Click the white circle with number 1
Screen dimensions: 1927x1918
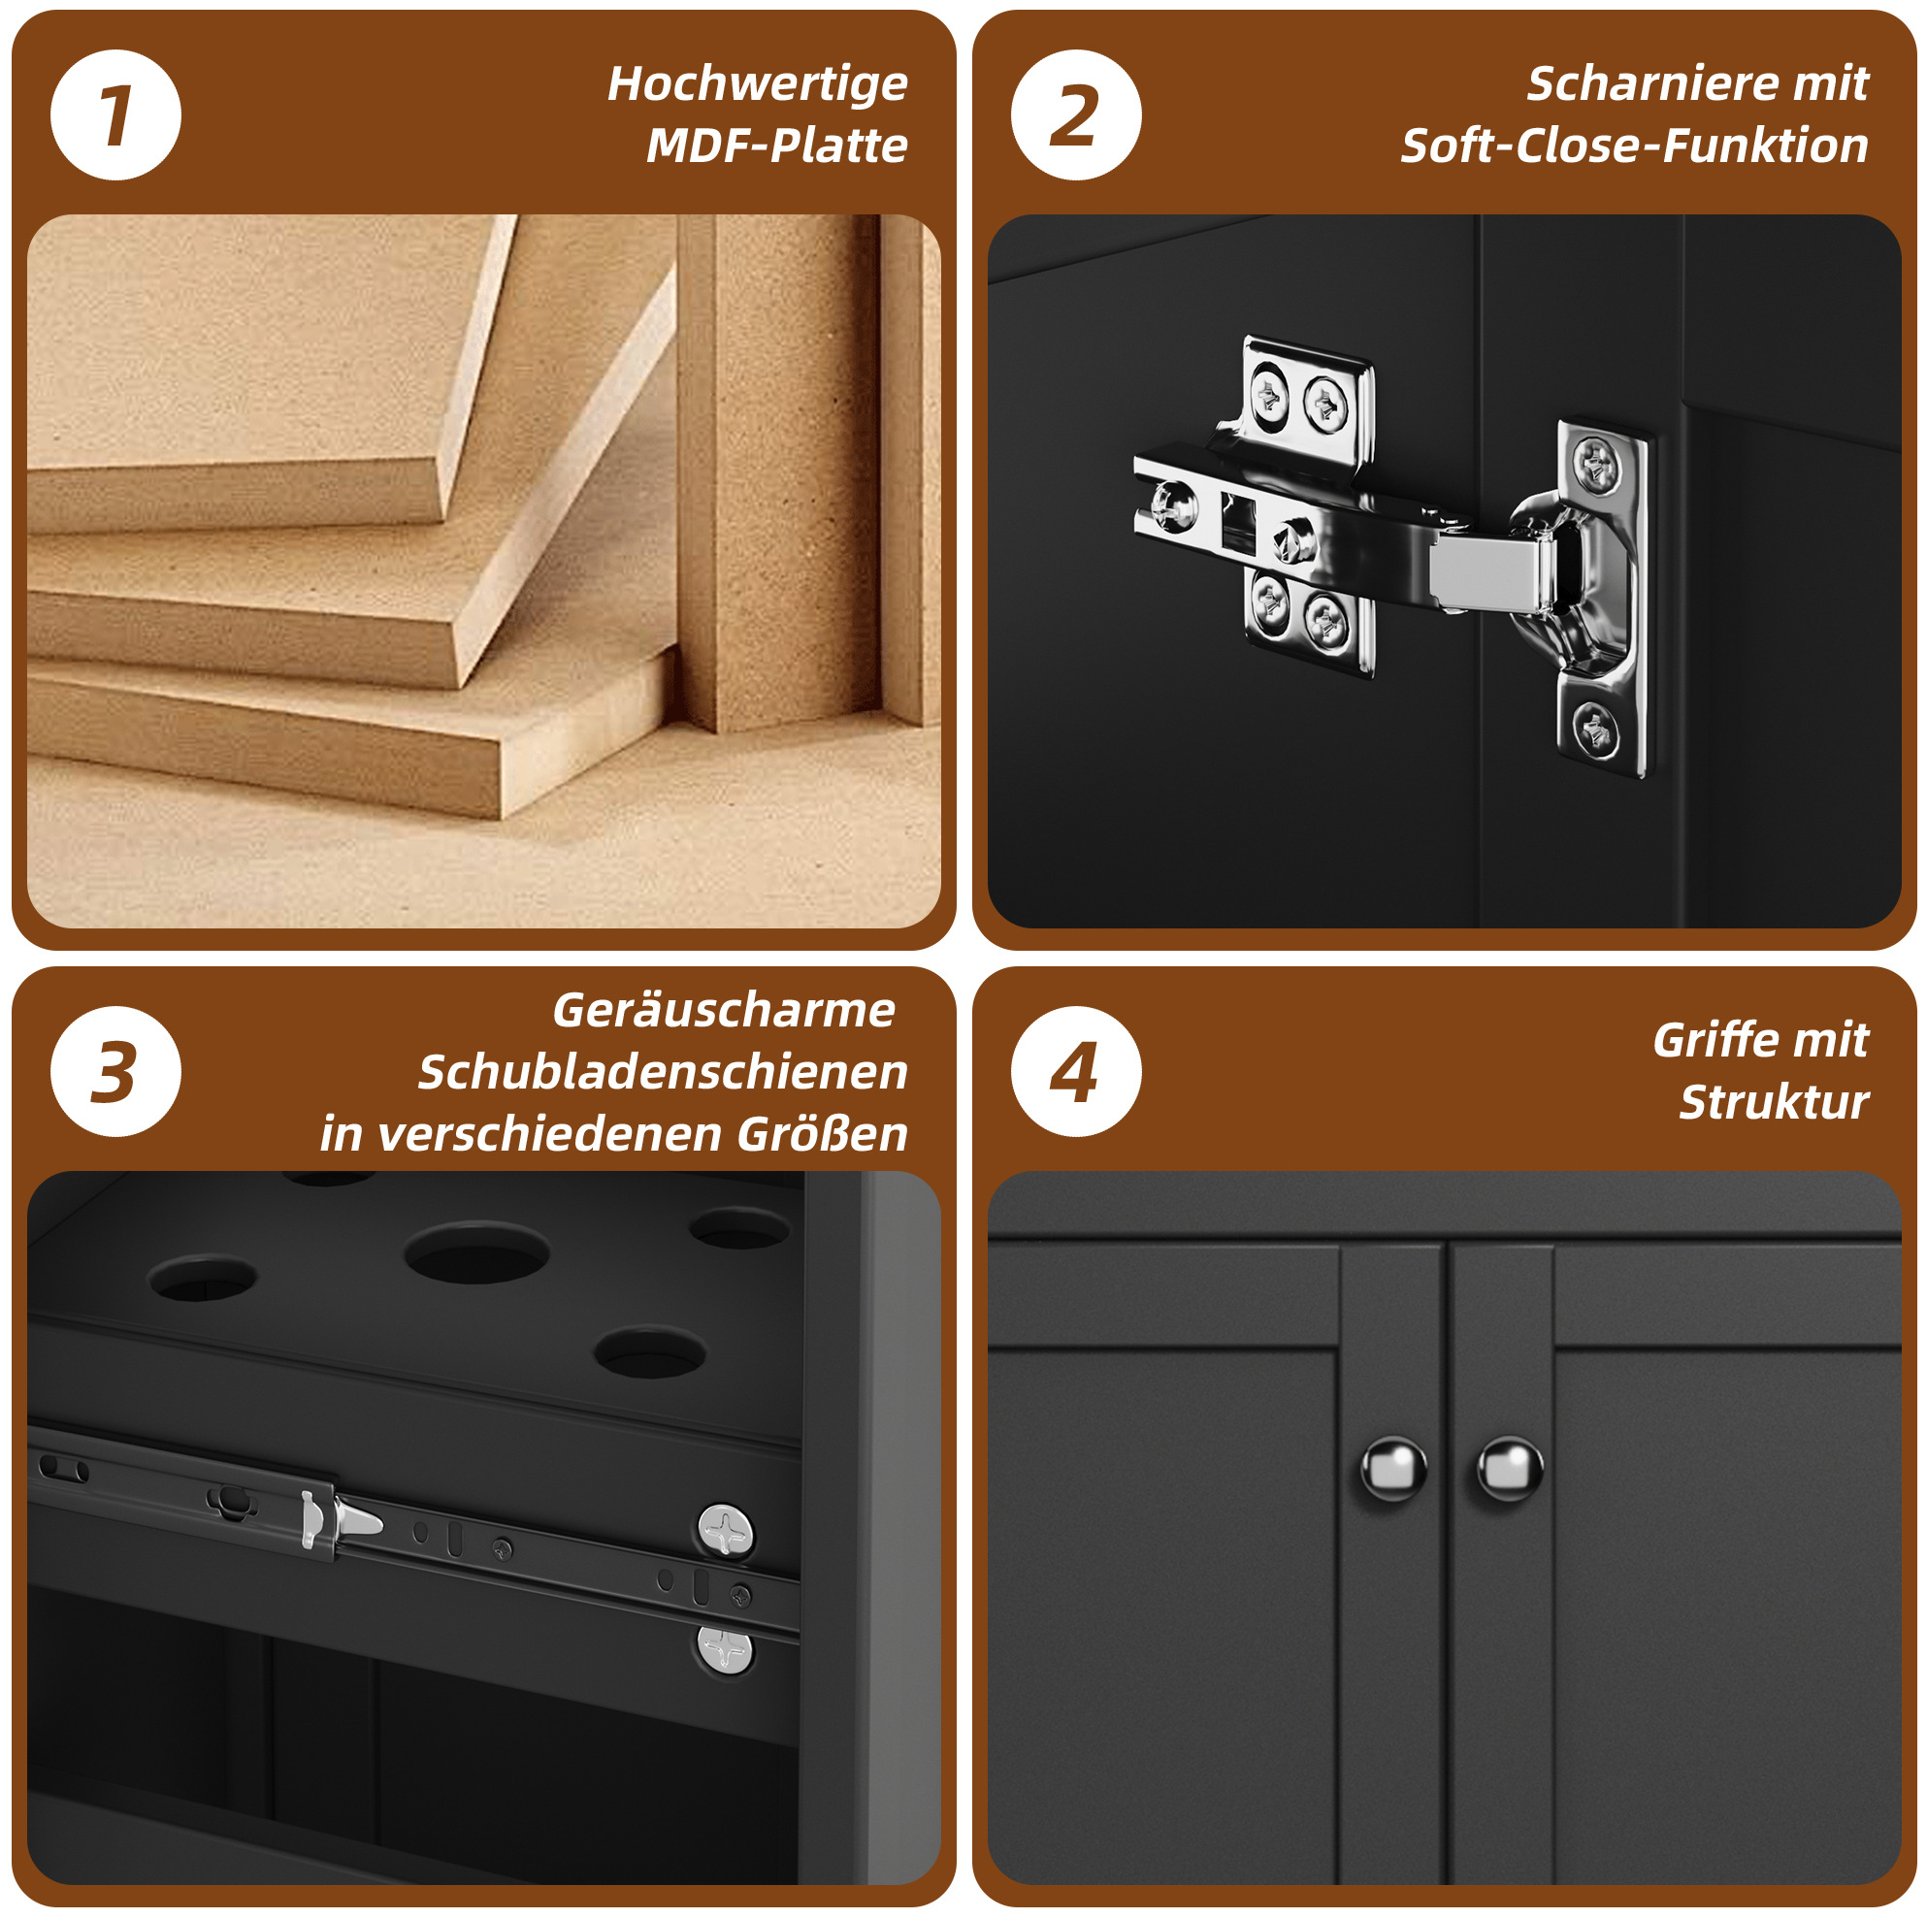click(x=115, y=114)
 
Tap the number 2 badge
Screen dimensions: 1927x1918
click(x=1075, y=114)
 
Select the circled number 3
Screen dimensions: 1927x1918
click(x=115, y=1071)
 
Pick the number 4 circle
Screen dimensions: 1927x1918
click(x=1075, y=1071)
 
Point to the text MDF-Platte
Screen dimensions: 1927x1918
click(x=776, y=146)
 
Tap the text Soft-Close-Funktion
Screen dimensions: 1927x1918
click(x=1634, y=146)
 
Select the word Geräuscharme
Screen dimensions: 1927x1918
click(x=723, y=1010)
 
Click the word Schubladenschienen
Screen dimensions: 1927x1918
click(x=663, y=1072)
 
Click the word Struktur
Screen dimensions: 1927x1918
click(x=1774, y=1102)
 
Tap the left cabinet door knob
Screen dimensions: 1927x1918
click(x=1393, y=1469)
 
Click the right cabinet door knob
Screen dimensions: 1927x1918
click(x=1509, y=1468)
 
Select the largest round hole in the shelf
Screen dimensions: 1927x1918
click(x=476, y=1252)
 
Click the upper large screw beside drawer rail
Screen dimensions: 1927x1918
click(x=725, y=1531)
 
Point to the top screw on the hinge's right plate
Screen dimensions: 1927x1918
click(x=1597, y=464)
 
